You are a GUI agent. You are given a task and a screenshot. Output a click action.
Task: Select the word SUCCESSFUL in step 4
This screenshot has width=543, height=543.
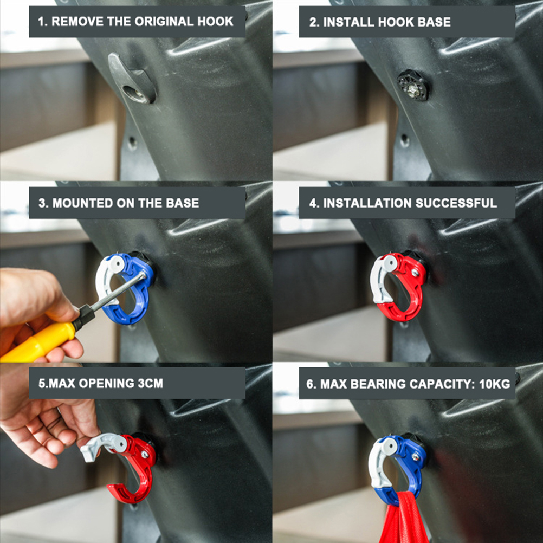456,203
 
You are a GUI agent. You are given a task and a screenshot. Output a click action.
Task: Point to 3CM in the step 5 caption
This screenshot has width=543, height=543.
150,383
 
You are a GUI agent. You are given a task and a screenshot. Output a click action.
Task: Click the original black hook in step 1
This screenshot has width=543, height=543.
132,79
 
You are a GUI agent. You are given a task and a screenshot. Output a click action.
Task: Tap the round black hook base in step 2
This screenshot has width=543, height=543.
413,85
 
